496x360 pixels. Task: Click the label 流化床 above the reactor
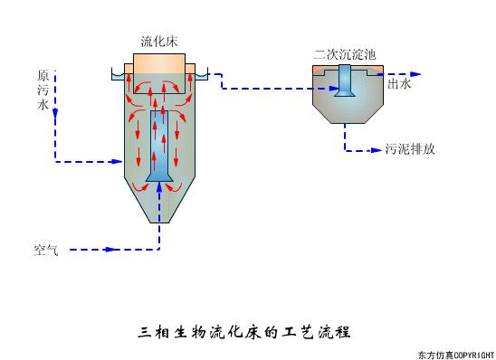point(159,42)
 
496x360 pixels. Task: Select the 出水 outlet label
point(399,84)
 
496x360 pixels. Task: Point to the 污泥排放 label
point(410,148)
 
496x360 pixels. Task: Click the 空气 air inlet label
point(46,249)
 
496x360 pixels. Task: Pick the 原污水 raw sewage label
point(42,90)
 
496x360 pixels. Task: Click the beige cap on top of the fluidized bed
point(160,64)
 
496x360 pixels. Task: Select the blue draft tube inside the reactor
point(160,145)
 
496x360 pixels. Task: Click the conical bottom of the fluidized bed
point(160,204)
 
